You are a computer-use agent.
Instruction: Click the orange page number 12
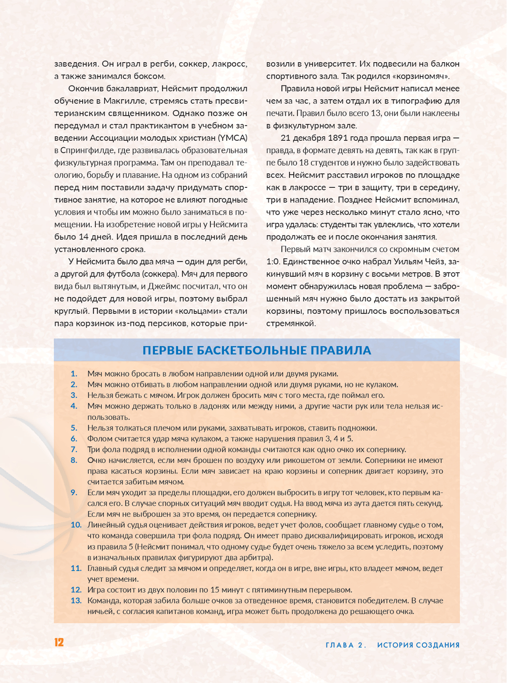[x=59, y=642]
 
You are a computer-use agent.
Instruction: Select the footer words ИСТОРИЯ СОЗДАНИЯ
[x=418, y=645]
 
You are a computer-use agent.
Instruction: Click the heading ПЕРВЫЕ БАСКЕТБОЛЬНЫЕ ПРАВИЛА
[x=257, y=350]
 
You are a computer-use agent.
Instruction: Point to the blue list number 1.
[x=74, y=374]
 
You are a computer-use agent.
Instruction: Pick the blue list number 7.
[x=74, y=449]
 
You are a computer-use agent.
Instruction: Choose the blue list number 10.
[x=76, y=525]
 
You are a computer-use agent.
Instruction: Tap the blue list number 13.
[x=76, y=600]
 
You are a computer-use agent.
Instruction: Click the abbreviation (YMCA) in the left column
[x=233, y=138]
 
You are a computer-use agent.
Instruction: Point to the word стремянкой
[x=290, y=324]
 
